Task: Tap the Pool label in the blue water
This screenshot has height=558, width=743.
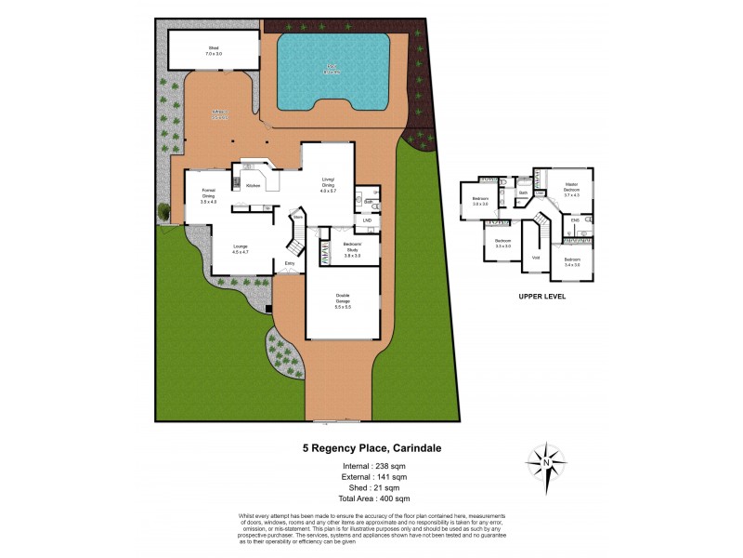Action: [x=332, y=67]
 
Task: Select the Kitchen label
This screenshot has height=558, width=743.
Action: [x=253, y=186]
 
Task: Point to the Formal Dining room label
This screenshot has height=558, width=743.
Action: [x=209, y=195]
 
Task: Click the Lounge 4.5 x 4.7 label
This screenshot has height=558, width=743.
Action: [x=241, y=249]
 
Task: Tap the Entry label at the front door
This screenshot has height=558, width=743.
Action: [x=290, y=264]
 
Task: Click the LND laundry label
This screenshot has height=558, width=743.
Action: [x=367, y=220]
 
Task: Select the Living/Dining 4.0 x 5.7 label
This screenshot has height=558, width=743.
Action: [x=328, y=183]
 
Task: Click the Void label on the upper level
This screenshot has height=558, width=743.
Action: [x=536, y=258]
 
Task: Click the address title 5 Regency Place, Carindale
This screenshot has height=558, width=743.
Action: [x=371, y=448]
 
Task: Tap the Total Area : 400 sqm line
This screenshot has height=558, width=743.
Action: [x=371, y=499]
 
